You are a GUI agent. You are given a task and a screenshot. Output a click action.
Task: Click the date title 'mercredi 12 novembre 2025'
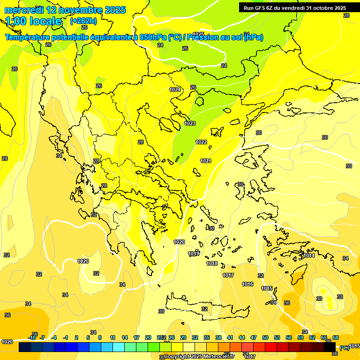tap(65, 10)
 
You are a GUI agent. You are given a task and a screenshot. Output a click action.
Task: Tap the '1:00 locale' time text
tap(34, 21)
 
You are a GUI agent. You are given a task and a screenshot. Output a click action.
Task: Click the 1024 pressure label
tap(175, 90)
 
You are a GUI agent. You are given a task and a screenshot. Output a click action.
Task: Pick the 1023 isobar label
tap(190, 123)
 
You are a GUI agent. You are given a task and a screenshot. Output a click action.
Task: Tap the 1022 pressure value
tap(201, 142)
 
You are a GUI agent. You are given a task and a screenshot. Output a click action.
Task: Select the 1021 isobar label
tap(206, 161)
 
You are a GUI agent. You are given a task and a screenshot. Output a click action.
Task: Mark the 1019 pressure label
tap(194, 254)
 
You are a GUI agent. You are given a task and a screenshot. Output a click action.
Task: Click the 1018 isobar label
tap(212, 264)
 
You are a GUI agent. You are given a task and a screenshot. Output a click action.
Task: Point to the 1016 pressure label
tap(247, 285)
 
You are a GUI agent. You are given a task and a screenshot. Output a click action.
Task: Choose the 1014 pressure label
tap(309, 256)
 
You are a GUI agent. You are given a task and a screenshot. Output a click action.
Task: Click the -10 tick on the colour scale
tap(32, 337)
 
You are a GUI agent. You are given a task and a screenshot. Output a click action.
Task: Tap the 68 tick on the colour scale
tap(336, 337)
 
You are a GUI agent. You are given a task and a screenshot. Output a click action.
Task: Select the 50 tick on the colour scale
tap(265, 337)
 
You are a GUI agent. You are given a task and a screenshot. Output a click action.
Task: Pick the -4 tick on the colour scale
tap(54, 337)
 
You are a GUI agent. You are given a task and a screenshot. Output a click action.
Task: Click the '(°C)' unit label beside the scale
tap(345, 347)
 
